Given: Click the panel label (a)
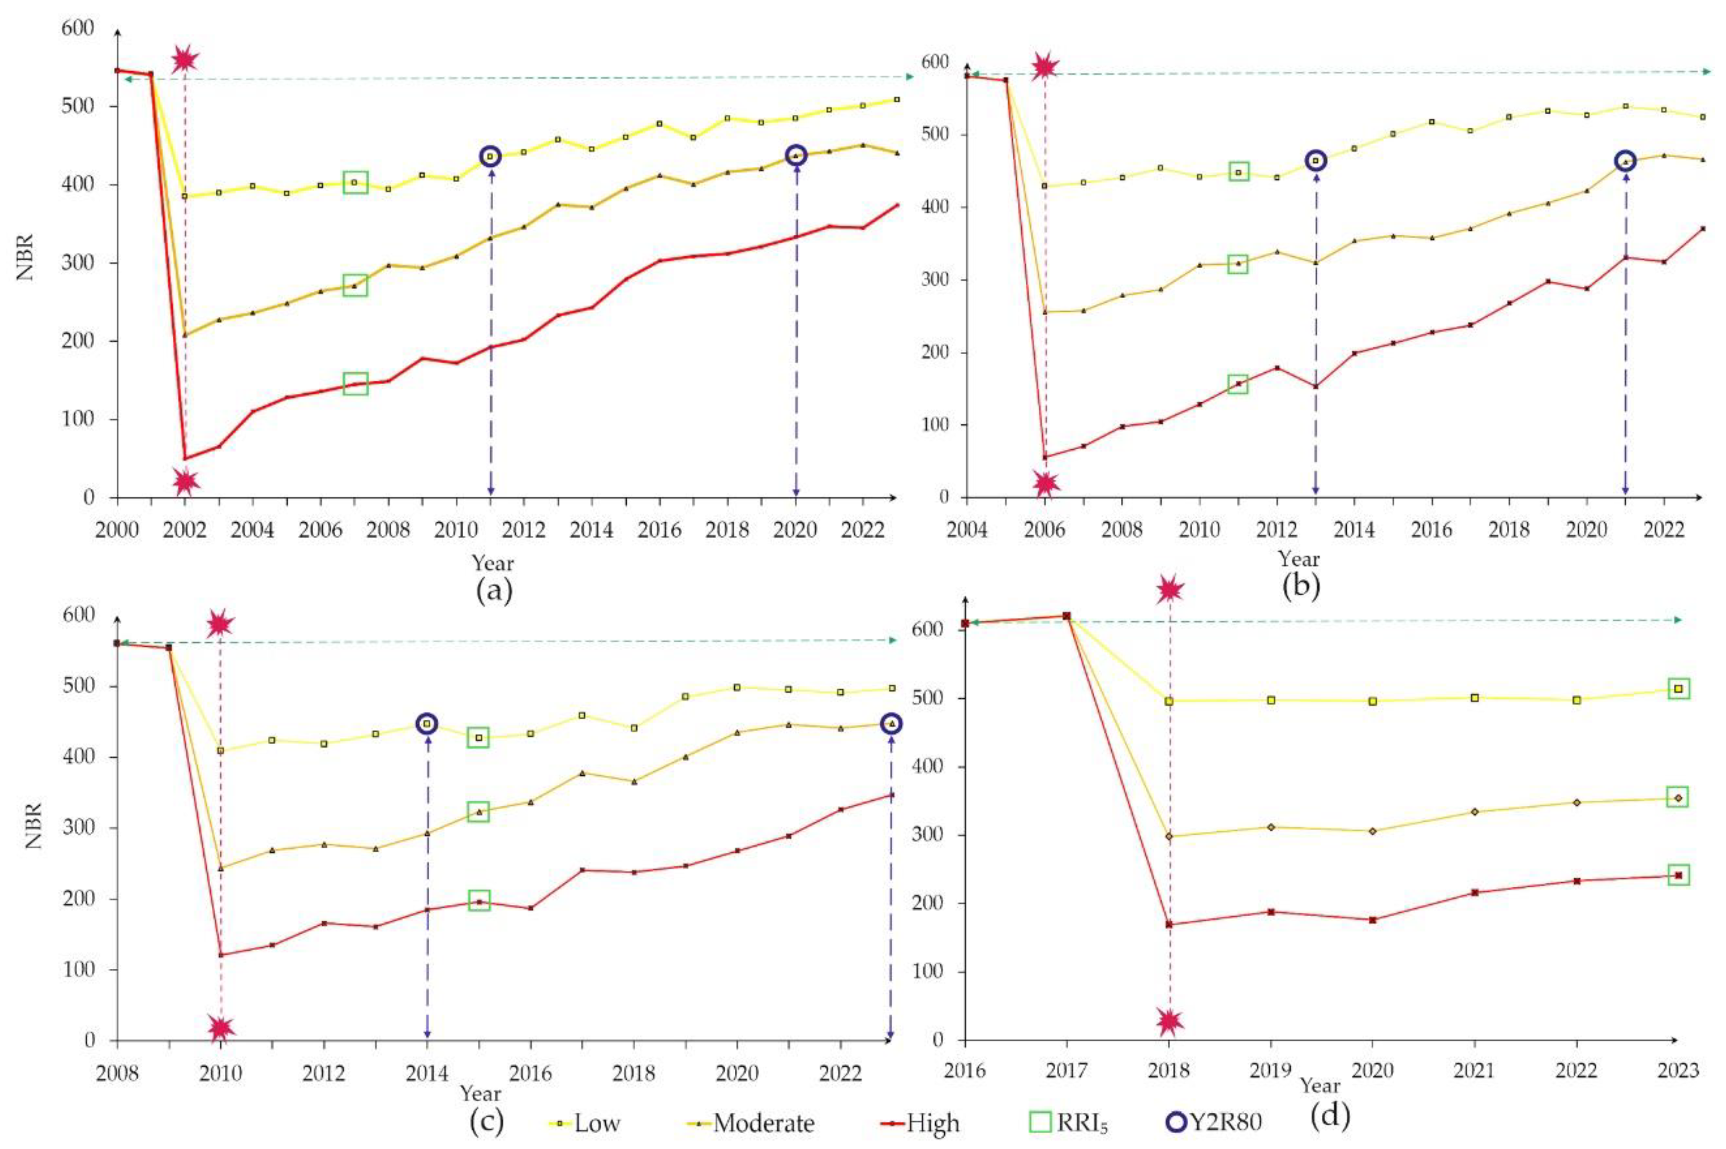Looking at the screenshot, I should pos(494,590).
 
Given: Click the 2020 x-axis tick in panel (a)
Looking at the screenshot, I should pos(796,529).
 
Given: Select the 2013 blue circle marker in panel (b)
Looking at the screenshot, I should pos(1316,161).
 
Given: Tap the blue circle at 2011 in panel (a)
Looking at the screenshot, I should pos(490,156).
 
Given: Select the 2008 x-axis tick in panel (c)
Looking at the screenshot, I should pos(117,1074).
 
